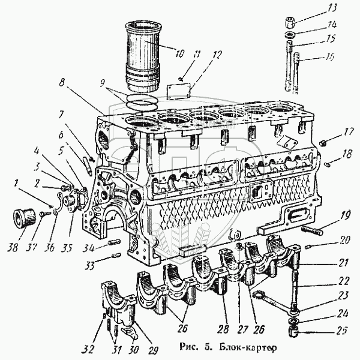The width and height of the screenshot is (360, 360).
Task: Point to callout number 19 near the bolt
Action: tap(344, 217)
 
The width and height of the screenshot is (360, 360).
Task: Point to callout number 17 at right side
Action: tap(344, 133)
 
